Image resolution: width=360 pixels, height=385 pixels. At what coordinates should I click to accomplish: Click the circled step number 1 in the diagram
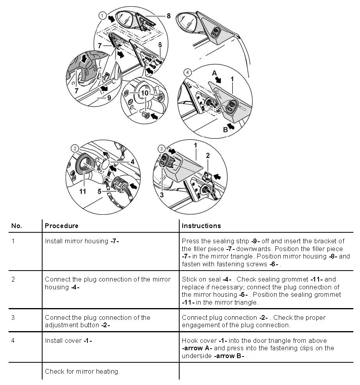[102, 16]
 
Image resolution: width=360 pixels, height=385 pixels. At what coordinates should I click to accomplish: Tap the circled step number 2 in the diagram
[74, 148]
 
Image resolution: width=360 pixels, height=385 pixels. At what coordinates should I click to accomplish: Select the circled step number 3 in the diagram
[162, 148]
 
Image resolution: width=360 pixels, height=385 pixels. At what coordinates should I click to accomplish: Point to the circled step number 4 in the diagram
[188, 72]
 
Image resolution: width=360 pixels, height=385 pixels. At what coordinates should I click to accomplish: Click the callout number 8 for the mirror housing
[168, 16]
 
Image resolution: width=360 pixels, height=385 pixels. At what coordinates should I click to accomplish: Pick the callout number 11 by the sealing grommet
[82, 191]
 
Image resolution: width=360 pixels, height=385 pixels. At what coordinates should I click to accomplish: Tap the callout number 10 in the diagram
[145, 93]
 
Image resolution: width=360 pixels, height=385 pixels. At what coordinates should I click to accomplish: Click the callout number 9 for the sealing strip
[109, 98]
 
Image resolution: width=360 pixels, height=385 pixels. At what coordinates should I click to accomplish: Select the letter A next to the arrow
[214, 73]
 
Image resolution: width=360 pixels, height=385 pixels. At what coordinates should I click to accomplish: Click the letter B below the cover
[225, 130]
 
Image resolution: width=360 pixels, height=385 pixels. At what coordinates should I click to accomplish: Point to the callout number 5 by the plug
[100, 191]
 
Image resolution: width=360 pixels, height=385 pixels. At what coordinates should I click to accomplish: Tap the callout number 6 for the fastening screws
[160, 45]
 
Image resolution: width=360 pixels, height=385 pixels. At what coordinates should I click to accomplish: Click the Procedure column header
[62, 226]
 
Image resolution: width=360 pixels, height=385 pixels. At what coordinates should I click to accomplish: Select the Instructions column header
[201, 226]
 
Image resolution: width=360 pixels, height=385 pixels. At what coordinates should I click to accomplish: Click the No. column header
[16, 226]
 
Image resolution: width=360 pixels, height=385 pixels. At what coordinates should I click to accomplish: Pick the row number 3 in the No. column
[13, 317]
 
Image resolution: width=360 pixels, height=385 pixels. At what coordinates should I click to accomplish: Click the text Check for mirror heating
[82, 371]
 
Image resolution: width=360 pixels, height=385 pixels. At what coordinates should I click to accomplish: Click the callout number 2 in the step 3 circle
[208, 155]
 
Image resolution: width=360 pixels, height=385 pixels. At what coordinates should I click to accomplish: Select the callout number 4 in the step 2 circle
[133, 161]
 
